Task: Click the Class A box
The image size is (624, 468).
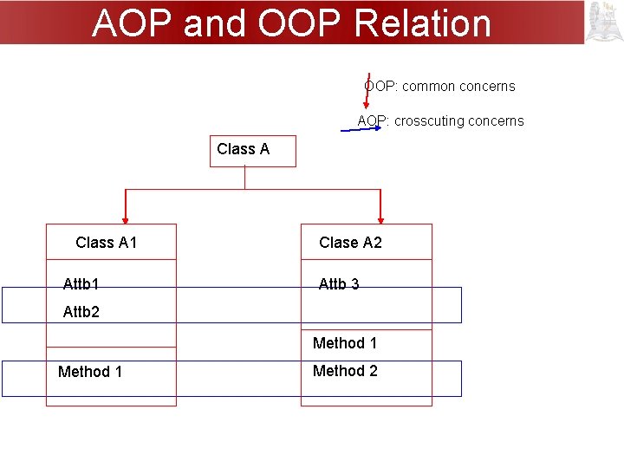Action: coord(252,150)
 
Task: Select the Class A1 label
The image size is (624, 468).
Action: coord(107,243)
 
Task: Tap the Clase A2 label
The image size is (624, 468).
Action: coord(350,243)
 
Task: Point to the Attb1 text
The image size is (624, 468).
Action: coord(81,284)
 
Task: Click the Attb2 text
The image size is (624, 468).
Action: coord(81,312)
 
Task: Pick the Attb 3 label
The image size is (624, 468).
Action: coord(339,284)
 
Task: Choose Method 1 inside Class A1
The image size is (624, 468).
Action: coord(90,372)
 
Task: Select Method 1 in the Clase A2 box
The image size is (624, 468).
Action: coord(345,343)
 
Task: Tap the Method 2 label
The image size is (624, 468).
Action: coord(345,371)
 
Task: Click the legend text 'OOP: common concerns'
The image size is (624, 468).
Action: coord(439,87)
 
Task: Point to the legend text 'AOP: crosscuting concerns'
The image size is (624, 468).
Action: coord(441,121)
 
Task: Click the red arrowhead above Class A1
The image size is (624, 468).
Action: coord(126,220)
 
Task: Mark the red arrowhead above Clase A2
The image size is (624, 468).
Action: coord(380,220)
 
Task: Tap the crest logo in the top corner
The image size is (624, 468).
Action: coord(604,22)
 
